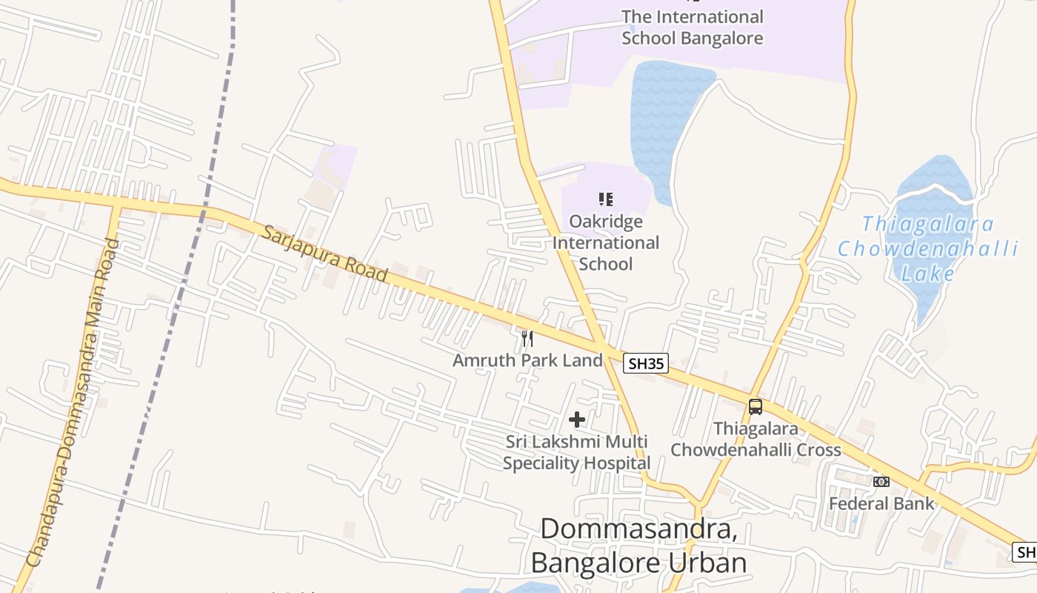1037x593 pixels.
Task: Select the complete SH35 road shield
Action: coord(646,362)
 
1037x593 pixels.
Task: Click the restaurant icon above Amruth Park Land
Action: coord(527,339)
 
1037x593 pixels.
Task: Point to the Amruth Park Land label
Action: coord(527,361)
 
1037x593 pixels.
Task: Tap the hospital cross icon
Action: coord(577,420)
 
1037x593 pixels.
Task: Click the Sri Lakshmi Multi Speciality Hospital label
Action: coord(577,452)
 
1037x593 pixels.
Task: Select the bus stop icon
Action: coord(755,406)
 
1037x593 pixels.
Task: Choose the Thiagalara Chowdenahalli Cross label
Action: coord(756,440)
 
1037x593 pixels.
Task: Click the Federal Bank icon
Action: coord(881,482)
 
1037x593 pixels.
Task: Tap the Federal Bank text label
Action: coord(881,504)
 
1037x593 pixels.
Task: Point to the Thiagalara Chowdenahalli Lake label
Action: coord(927,248)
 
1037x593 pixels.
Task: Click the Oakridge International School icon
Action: coord(606,199)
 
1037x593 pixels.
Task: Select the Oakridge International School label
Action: coord(606,242)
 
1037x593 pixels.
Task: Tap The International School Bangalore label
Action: coord(692,27)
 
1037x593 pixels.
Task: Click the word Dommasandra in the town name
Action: coord(638,529)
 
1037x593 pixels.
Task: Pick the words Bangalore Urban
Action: coord(638,563)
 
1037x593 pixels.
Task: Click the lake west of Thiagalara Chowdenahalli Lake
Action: coord(659,119)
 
